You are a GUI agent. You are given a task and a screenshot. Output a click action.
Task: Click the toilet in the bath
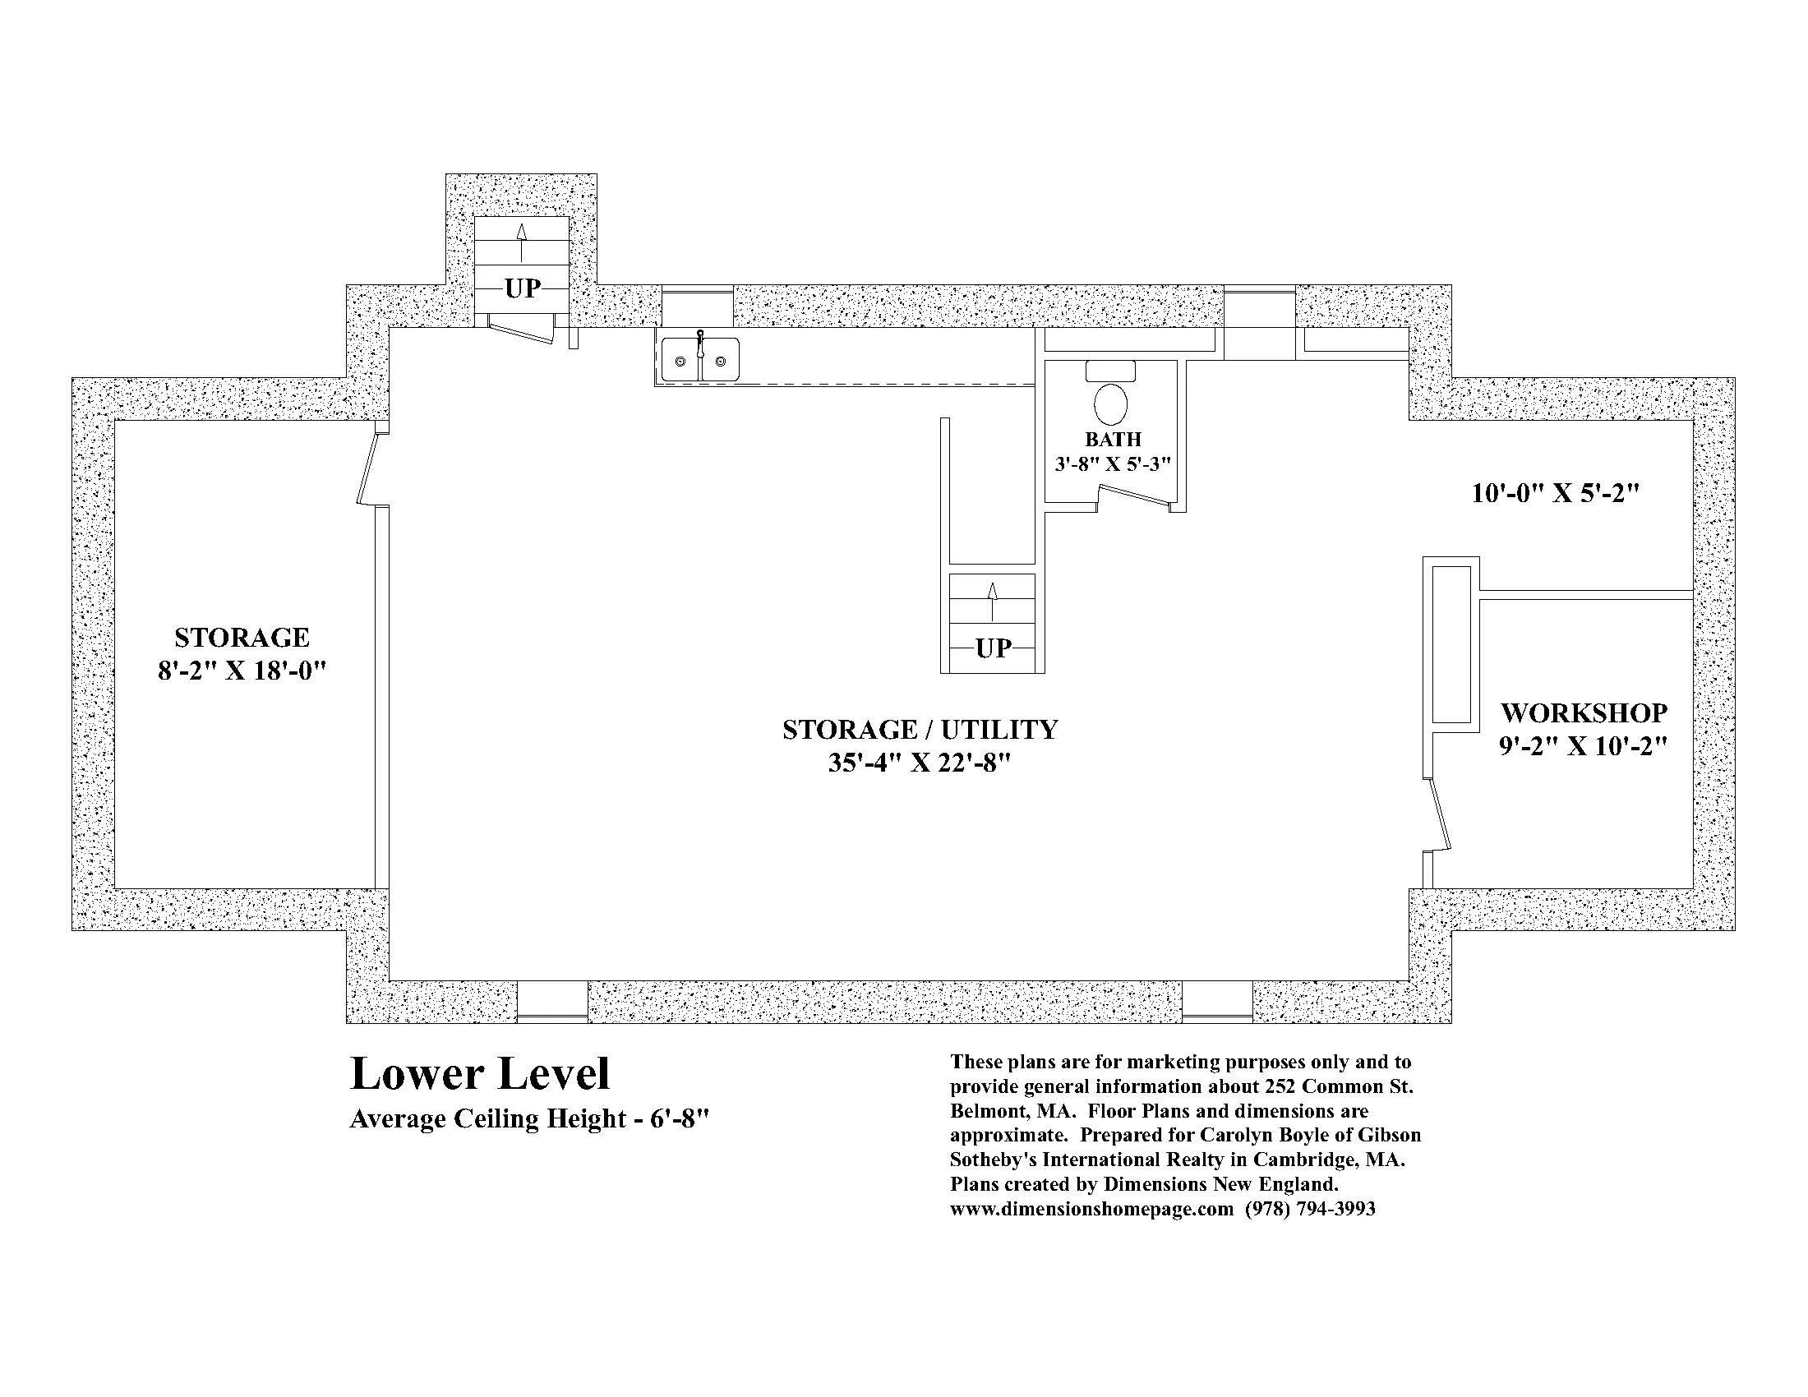click(x=1110, y=393)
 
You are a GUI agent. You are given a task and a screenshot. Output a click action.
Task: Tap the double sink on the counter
click(x=700, y=359)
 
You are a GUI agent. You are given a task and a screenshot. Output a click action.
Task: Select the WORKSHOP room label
click(x=1584, y=712)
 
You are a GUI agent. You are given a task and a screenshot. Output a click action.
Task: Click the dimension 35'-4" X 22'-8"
click(x=920, y=763)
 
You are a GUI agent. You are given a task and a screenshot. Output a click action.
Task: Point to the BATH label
click(x=1113, y=440)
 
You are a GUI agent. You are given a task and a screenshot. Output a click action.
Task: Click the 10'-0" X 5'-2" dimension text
click(x=1556, y=493)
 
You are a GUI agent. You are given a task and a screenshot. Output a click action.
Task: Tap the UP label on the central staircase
click(x=993, y=648)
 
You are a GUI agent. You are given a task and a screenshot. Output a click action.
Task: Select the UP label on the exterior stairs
click(x=523, y=288)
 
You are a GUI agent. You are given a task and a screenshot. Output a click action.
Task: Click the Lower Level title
click(x=480, y=1073)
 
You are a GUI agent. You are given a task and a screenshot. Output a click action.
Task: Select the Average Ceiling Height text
click(x=530, y=1119)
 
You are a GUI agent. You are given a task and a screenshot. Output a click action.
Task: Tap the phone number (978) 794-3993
click(x=1311, y=1208)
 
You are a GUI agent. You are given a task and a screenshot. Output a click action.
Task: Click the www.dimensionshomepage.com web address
click(x=1092, y=1208)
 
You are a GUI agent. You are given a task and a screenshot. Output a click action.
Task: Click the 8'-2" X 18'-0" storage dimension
click(x=242, y=671)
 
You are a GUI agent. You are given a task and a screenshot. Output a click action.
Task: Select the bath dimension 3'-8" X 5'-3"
click(x=1113, y=463)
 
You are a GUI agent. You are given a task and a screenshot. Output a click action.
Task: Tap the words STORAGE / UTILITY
click(x=920, y=729)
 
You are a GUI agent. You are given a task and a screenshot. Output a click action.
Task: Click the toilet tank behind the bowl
click(x=1110, y=371)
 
